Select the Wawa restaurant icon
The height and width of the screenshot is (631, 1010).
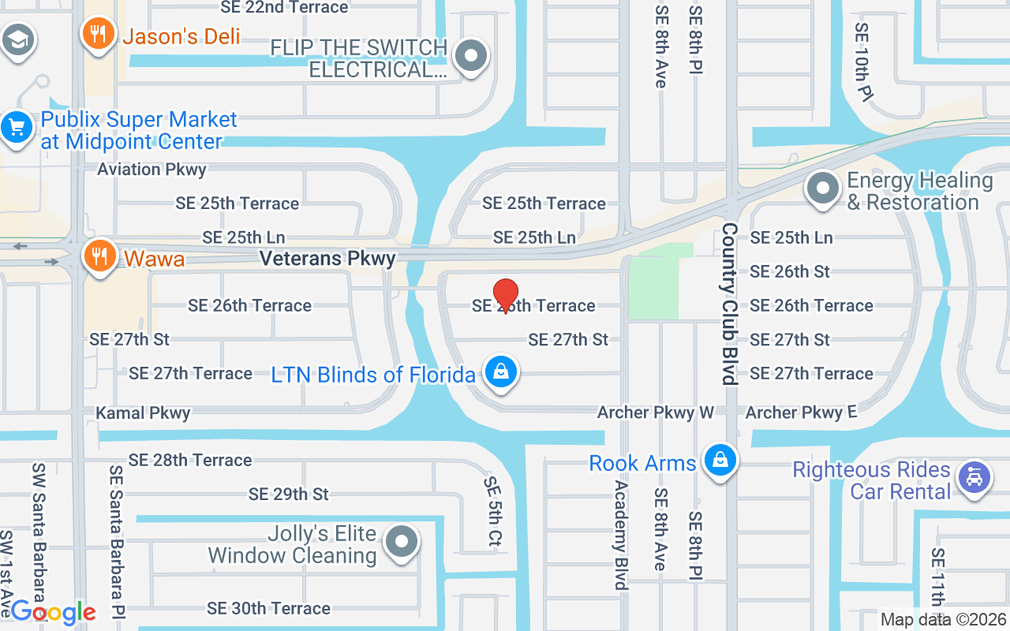99,257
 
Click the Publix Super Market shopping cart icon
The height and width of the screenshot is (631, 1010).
17,127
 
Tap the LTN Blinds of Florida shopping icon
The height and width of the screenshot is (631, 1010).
500,372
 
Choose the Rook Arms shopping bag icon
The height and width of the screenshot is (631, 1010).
720,461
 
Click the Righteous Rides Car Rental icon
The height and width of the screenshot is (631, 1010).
974,478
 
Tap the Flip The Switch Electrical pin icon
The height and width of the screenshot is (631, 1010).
472,56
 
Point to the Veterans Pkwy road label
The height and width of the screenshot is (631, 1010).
327,259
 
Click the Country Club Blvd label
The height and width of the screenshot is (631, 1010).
728,304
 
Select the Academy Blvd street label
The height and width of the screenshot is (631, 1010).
621,535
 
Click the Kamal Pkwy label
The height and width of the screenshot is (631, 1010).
143,413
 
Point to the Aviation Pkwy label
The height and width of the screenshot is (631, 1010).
151,170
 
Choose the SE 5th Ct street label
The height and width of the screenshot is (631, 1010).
492,511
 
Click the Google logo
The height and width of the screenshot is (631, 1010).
53,611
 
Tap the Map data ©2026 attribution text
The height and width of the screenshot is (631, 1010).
943,619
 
